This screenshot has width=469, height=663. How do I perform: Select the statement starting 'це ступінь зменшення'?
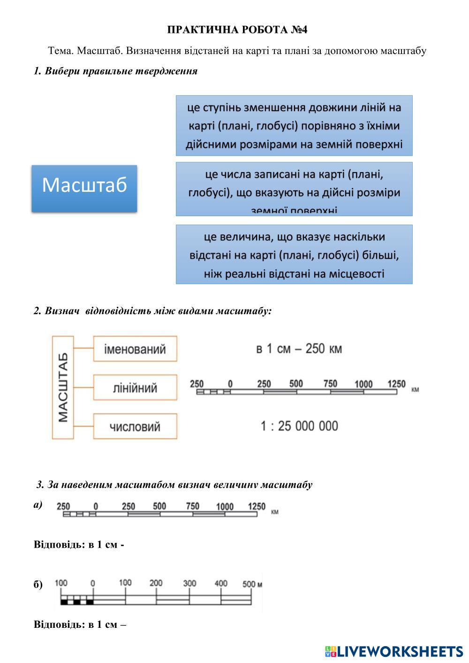pos(294,126)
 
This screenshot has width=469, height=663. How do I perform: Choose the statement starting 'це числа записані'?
pos(294,189)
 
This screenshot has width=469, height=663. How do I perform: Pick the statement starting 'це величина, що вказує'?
pos(294,255)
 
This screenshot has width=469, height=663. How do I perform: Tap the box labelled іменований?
pos(135,349)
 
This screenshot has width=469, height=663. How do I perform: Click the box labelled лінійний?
pos(135,388)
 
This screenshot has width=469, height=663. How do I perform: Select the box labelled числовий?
pos(135,426)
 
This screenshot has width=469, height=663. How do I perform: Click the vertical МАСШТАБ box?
pos(63,387)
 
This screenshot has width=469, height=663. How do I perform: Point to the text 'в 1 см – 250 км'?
pos(299,349)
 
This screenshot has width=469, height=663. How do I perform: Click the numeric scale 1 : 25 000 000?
pos(299,426)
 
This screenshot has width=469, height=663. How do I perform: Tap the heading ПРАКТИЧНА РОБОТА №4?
pos(237,30)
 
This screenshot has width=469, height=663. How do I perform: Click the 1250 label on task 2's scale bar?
pos(396,384)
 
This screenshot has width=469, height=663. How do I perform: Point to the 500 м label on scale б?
pos(252,584)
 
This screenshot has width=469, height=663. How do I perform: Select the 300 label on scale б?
pos(189,583)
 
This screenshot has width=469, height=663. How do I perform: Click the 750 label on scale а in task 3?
pos(192,506)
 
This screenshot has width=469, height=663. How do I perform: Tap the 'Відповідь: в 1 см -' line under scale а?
pos(79,545)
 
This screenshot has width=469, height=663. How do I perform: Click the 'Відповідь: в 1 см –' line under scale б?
pos(80,625)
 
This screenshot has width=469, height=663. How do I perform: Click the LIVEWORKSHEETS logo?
pos(394,651)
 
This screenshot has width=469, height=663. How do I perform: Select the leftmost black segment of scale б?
pos(64,602)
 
